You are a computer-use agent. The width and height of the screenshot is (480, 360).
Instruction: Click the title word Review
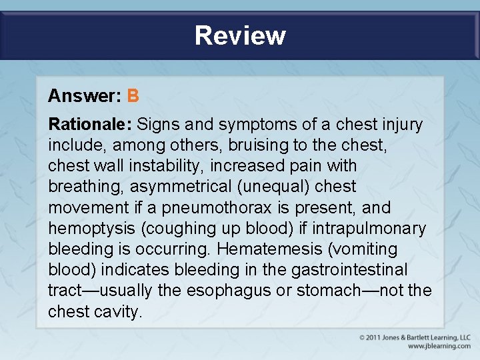coord(240,35)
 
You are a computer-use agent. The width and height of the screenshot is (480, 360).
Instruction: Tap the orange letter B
coord(133,96)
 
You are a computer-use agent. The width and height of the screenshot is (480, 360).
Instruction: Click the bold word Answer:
coord(84,96)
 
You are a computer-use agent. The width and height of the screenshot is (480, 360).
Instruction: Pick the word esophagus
coord(221,291)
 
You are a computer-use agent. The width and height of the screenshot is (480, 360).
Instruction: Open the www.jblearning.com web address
coord(439,346)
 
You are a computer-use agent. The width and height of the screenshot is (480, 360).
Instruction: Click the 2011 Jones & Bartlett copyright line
coord(415,338)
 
